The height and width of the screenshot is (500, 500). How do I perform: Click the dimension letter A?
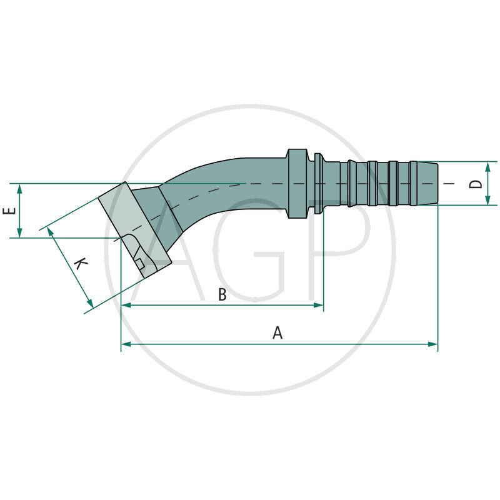[x=277, y=333]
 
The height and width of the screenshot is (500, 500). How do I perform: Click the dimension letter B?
[x=222, y=295]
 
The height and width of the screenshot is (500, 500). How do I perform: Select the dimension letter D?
[x=476, y=183]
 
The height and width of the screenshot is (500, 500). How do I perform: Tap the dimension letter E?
[x=9, y=211]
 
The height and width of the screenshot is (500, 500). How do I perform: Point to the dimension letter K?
[x=80, y=264]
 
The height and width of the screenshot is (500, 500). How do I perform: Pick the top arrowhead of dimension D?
[x=487, y=166]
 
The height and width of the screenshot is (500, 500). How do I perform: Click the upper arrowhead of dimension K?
[x=51, y=232]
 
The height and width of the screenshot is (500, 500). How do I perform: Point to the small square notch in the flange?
[x=141, y=263]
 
